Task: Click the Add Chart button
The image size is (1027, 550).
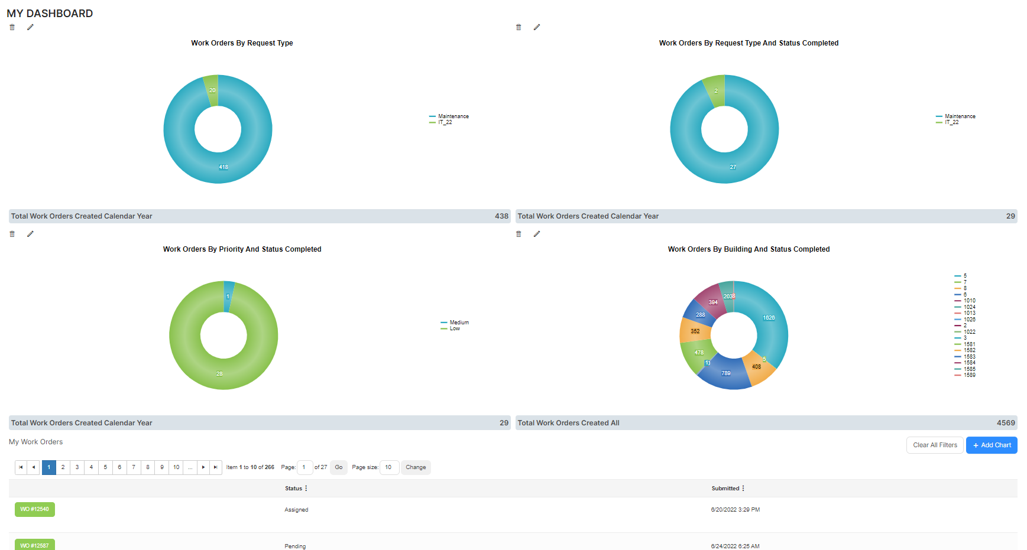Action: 992,445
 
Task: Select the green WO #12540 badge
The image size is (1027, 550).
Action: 35,509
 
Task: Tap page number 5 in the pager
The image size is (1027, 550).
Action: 105,467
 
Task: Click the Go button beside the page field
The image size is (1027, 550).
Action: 339,467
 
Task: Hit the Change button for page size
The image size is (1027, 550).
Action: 416,467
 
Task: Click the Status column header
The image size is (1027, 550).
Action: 294,489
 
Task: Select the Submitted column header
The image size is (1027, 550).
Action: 725,489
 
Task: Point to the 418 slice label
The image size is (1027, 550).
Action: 223,167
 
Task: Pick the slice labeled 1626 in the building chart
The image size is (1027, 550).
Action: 769,318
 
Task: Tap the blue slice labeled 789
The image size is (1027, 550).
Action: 726,373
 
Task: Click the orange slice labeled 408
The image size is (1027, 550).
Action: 757,367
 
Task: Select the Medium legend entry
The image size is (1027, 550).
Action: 459,323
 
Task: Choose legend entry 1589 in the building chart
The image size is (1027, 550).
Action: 970,375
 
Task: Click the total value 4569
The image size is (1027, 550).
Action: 1006,423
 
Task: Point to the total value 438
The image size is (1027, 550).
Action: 501,216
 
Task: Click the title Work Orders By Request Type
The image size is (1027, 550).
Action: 242,43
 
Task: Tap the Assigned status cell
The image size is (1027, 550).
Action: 296,510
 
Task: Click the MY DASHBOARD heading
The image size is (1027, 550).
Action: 50,14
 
